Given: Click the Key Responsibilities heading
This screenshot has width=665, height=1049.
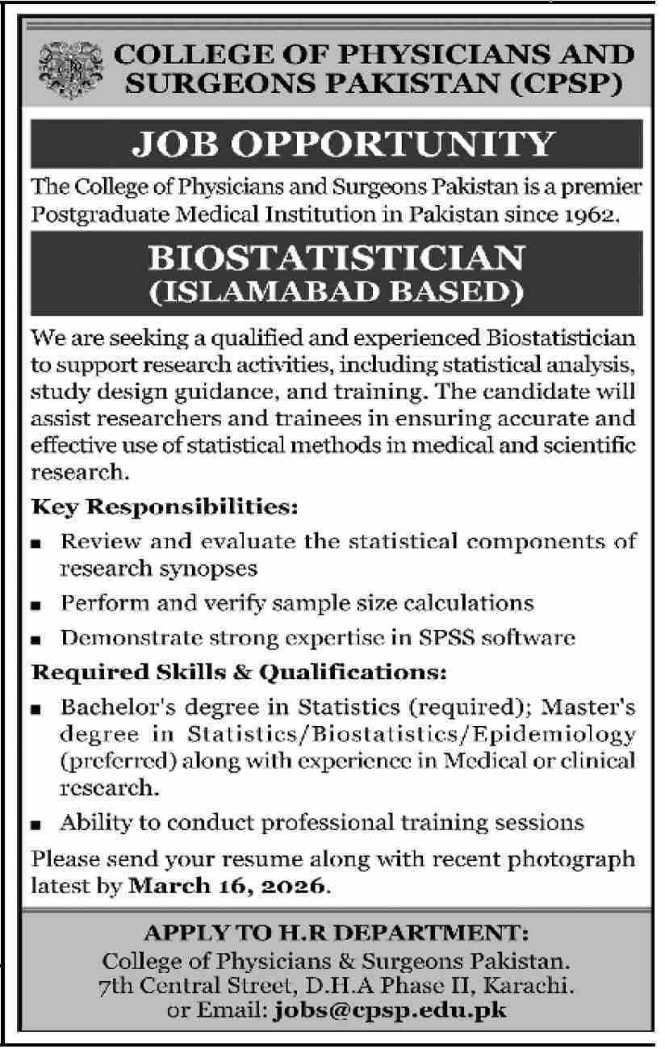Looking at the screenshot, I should tap(165, 509).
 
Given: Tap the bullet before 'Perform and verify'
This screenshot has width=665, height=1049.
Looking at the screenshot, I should tap(36, 604).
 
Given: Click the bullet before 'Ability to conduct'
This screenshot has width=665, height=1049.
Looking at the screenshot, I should tap(36, 825).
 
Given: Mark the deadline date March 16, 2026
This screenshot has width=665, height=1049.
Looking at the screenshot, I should tap(228, 886).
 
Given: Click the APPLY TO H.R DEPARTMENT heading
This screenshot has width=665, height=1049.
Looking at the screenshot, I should tap(335, 934).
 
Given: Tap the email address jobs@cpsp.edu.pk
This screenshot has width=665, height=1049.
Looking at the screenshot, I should tap(391, 1009).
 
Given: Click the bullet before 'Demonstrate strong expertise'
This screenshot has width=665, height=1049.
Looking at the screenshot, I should tap(36, 639).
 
